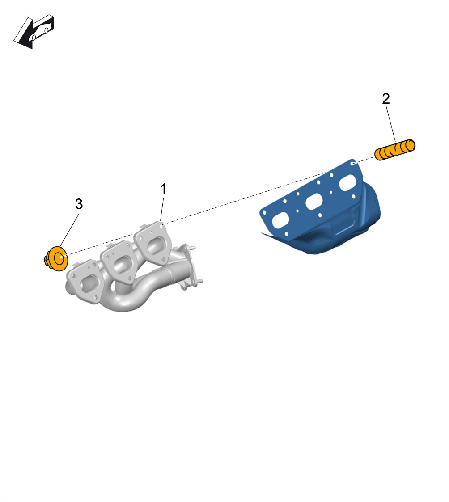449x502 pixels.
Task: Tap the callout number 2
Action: (x=385, y=99)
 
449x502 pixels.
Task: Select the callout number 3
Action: (x=79, y=204)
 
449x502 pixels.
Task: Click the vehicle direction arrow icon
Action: (x=34, y=31)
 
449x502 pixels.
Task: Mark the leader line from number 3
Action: (x=70, y=230)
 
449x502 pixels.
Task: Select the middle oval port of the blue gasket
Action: (x=314, y=204)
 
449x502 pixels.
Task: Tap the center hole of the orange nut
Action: (x=60, y=257)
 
